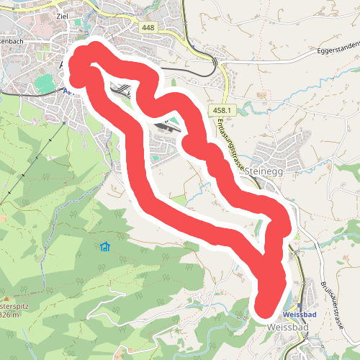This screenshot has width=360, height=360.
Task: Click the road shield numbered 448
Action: click(148, 27)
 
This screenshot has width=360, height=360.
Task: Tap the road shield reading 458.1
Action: click(223, 109)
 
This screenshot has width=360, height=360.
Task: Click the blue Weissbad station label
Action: click(301, 315)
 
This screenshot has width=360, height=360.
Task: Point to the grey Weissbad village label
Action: click(287, 328)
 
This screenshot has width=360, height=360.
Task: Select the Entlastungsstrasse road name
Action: click(229, 144)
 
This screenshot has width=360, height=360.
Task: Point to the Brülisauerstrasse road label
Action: click(332, 302)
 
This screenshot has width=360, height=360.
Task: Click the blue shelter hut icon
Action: click(106, 248)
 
